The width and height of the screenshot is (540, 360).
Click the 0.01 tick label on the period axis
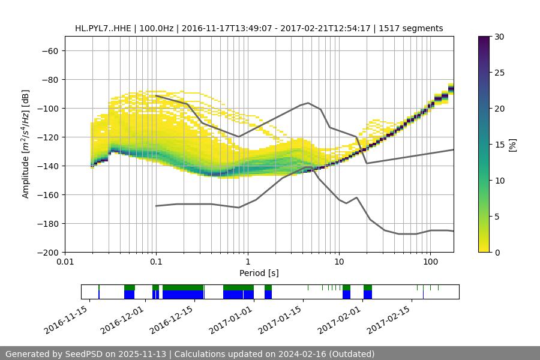[65, 262]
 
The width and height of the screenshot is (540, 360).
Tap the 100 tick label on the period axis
[430, 262]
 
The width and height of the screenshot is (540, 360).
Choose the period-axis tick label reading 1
[248, 262]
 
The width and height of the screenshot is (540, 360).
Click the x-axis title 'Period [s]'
[259, 274]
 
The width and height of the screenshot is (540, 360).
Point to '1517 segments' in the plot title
[412, 28]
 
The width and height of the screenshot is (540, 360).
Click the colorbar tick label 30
[499, 37]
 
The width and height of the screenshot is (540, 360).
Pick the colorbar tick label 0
[497, 253]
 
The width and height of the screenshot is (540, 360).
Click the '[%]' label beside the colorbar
[512, 145]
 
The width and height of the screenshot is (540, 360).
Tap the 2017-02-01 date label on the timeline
[340, 320]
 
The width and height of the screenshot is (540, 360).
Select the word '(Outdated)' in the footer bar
[351, 354]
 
